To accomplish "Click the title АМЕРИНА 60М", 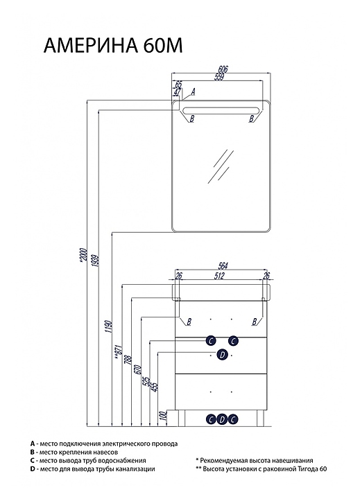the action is [113, 46].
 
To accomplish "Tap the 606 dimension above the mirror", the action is [223, 69].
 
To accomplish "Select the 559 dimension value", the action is [219, 78].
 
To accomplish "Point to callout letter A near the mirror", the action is [192, 92].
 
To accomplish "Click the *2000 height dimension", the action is [83, 254].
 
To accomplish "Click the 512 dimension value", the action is [220, 276].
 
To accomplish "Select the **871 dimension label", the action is [119, 353].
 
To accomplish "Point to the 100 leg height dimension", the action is [164, 415].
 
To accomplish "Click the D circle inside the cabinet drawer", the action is [223, 355].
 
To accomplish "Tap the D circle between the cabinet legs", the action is [222, 419].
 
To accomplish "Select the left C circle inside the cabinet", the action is [211, 341].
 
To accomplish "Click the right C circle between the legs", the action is [233, 419].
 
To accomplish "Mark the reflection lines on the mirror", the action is [221, 166].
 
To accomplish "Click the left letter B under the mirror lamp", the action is [191, 119].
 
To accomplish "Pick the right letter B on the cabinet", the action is [255, 322].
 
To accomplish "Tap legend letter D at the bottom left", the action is [33, 469].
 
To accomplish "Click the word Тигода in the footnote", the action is [302, 469].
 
